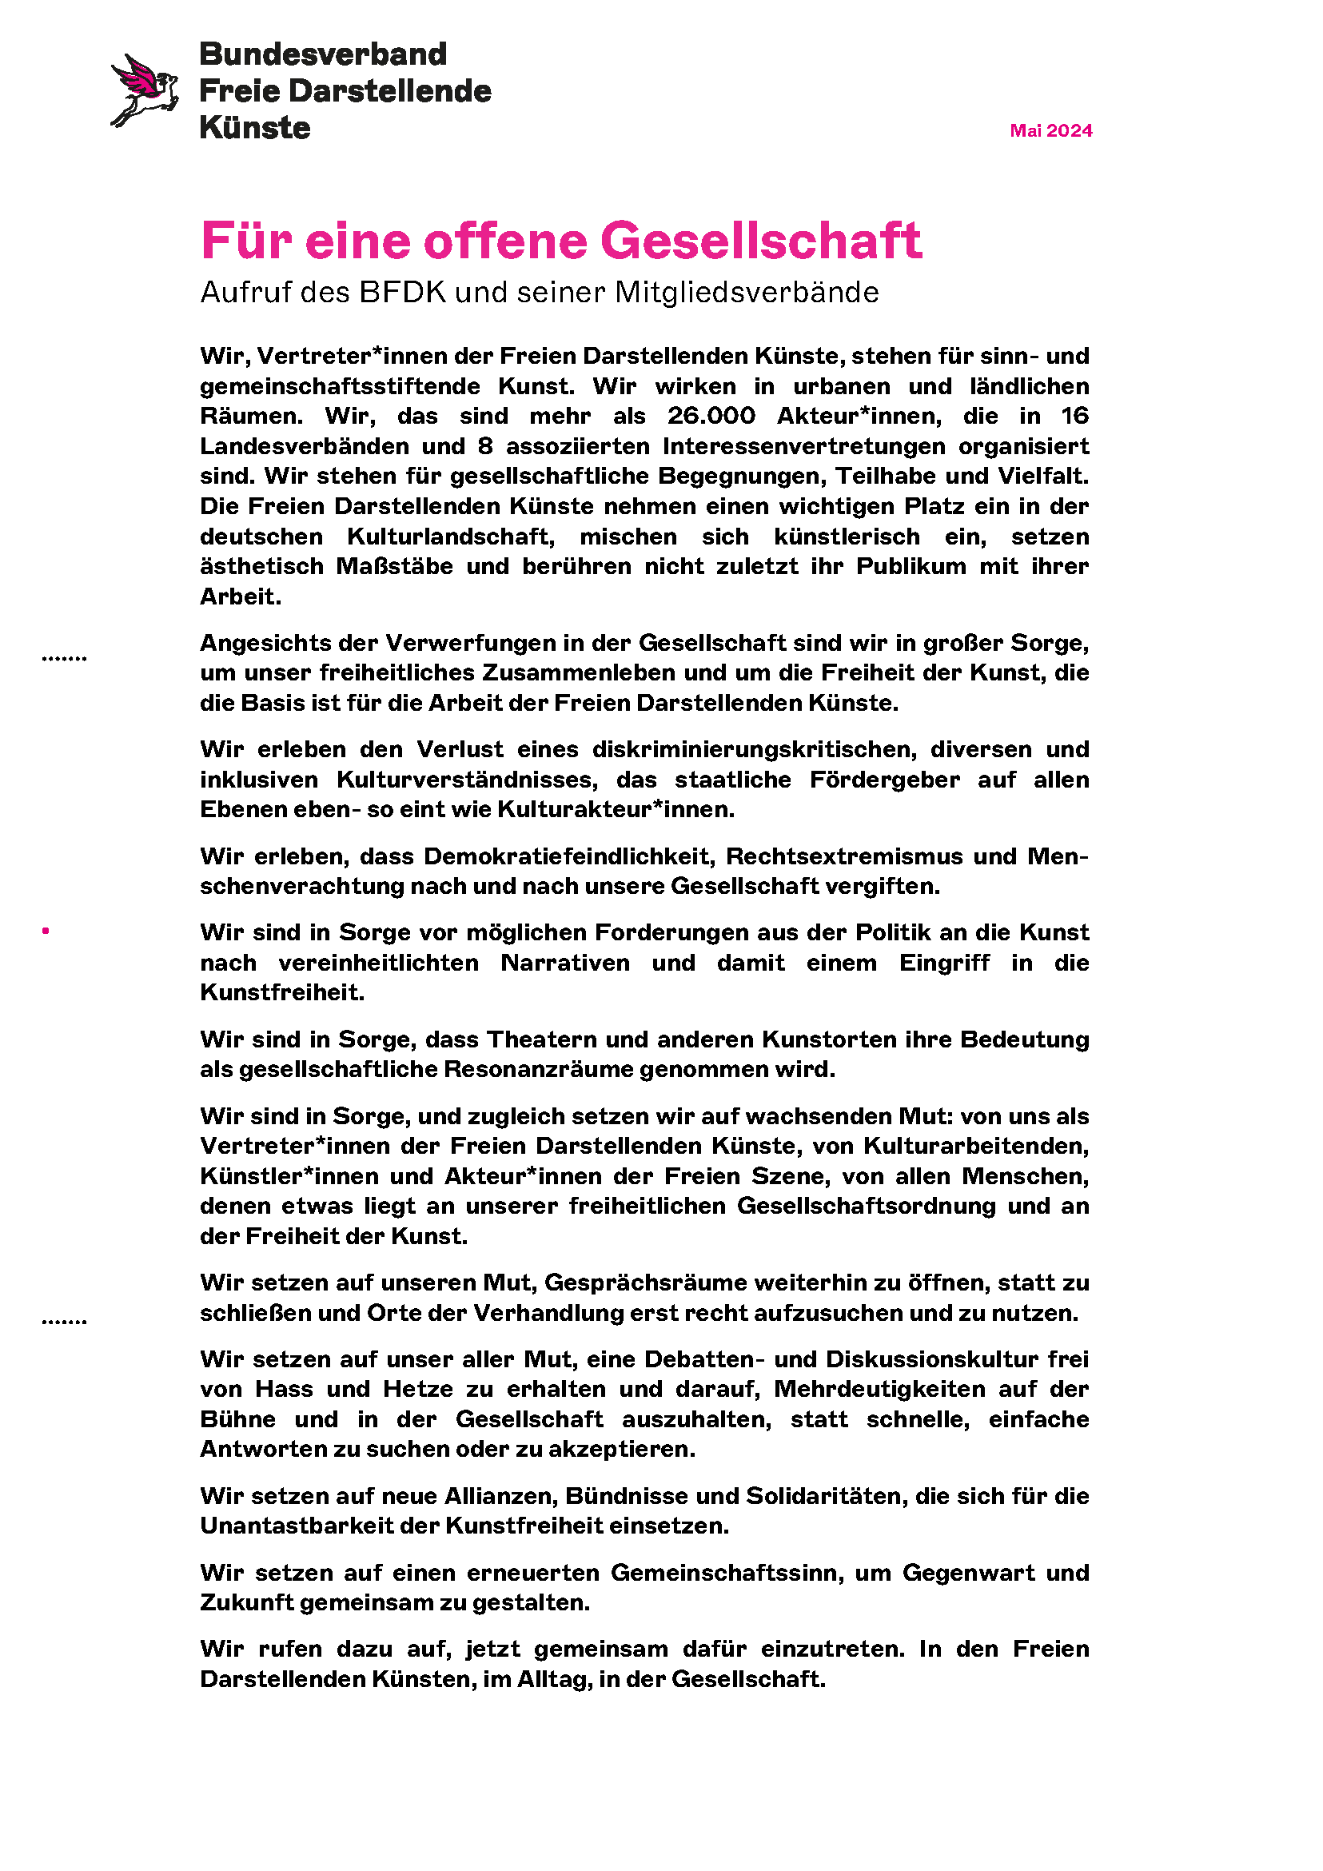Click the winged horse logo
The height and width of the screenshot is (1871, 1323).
(145, 90)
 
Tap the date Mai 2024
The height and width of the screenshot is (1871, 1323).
(1050, 131)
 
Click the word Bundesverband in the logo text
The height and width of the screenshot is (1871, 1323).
(324, 54)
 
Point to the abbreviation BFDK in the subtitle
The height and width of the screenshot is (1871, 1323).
(403, 293)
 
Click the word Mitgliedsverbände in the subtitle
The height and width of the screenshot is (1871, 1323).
(747, 293)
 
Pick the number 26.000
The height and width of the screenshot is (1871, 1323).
(711, 417)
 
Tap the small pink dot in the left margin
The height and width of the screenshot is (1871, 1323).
(46, 931)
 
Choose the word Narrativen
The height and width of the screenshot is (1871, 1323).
(565, 963)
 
